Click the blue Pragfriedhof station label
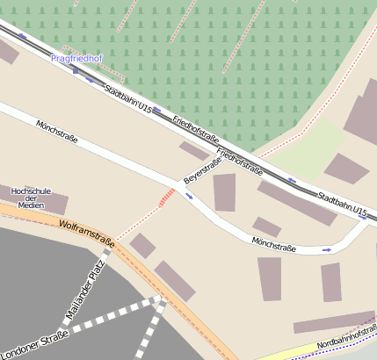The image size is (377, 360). (77, 59)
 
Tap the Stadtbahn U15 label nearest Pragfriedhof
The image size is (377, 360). (127, 101)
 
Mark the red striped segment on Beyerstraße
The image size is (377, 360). (166, 197)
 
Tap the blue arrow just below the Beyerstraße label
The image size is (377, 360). (188, 195)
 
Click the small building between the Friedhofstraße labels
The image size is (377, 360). (194, 150)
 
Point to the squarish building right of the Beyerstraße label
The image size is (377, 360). (225, 192)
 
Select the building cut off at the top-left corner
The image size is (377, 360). (7, 51)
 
